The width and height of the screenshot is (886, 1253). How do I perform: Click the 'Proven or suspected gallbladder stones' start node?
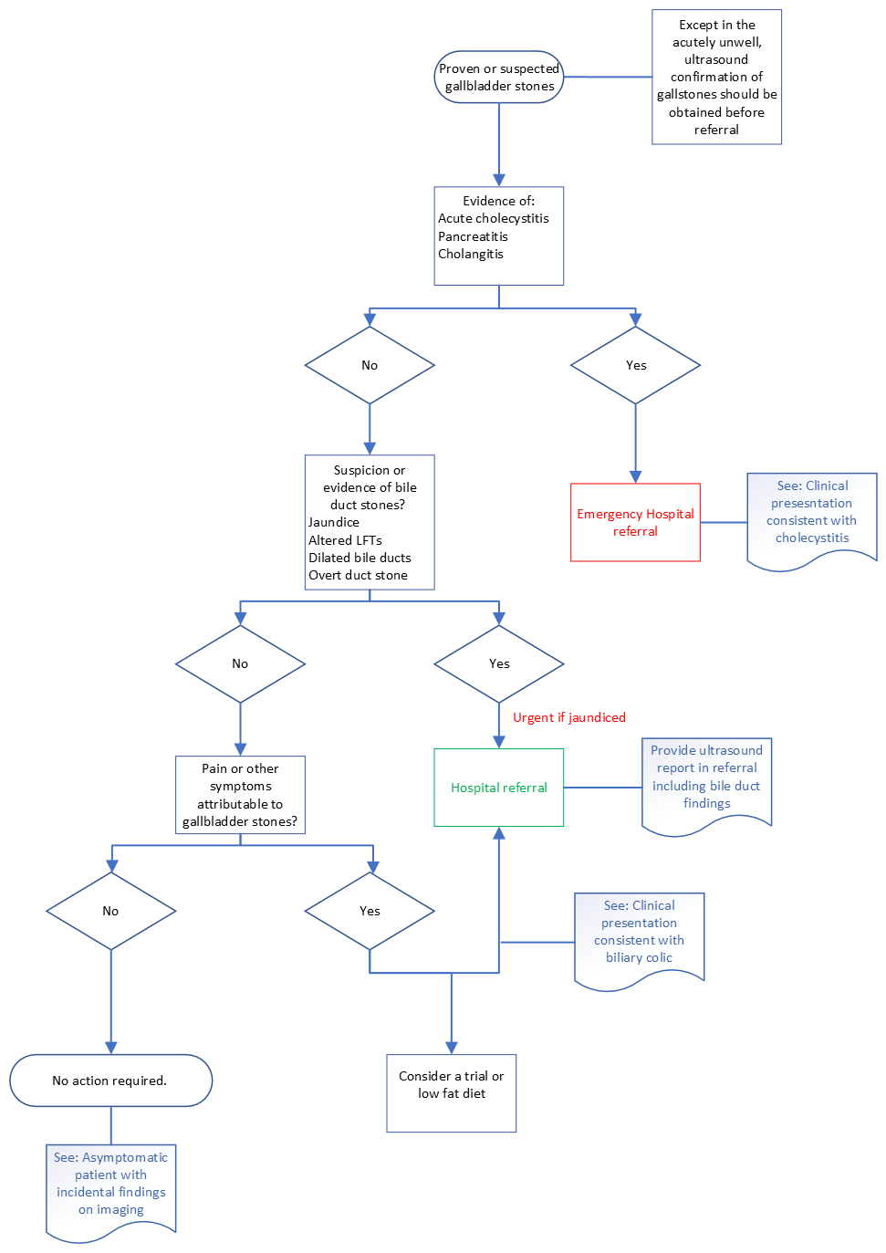[498, 78]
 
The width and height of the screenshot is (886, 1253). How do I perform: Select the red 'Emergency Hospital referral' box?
[635, 522]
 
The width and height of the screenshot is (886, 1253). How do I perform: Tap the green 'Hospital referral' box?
[498, 788]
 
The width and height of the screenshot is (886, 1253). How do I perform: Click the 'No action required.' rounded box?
[110, 1081]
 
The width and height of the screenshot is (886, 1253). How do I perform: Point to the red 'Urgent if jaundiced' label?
[569, 717]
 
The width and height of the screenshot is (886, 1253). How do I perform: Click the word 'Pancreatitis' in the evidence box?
[473, 236]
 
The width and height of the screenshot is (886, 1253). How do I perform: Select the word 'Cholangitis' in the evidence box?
[471, 254]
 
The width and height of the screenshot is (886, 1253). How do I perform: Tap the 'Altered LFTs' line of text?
[345, 540]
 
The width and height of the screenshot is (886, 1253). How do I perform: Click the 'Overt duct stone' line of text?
[358, 575]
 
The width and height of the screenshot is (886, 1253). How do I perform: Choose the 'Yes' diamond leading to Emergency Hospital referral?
[635, 365]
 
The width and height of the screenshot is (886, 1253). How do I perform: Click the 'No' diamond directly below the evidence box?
[370, 365]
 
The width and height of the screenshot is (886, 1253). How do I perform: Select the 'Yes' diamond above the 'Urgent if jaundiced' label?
[498, 663]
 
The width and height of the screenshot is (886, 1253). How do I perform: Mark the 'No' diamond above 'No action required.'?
[110, 911]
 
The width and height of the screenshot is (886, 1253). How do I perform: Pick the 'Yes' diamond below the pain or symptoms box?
[370, 911]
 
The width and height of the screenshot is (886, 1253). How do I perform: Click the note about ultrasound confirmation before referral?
[716, 78]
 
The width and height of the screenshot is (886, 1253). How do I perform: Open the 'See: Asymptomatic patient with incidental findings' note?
[110, 1185]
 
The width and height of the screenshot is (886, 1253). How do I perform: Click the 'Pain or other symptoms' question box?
[240, 795]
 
